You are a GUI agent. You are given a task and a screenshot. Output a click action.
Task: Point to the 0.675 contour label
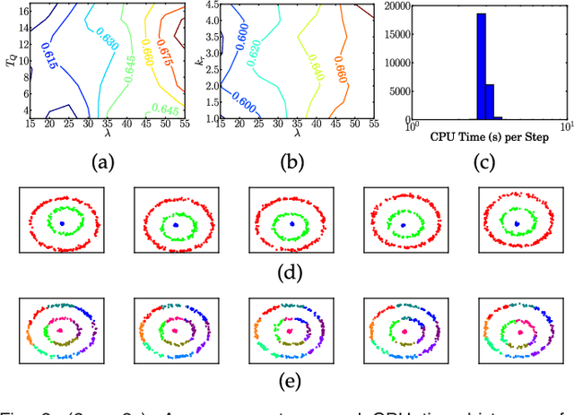[x=162, y=49]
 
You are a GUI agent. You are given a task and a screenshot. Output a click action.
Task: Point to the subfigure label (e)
[x=287, y=380]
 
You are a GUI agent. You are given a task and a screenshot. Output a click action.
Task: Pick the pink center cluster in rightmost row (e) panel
[x=515, y=331]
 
